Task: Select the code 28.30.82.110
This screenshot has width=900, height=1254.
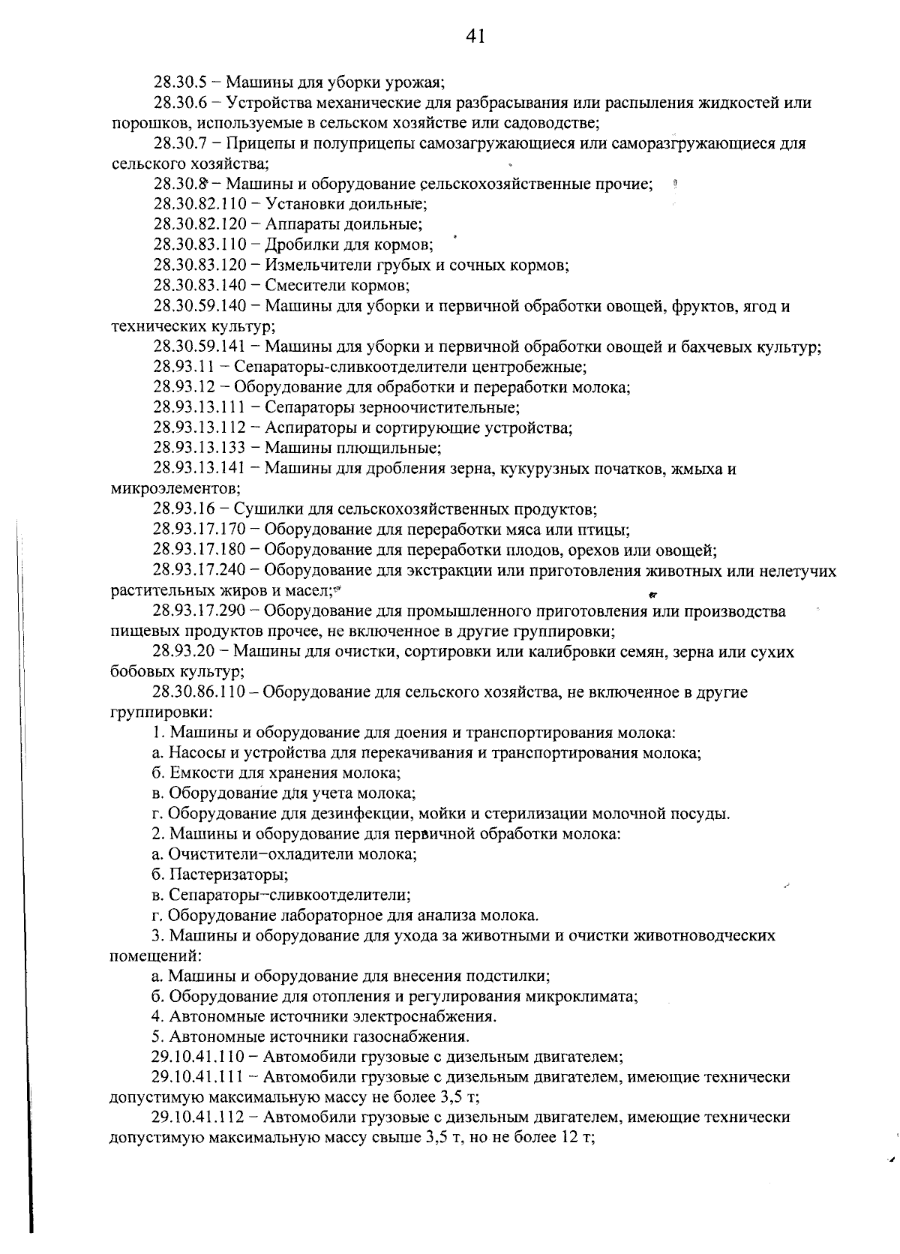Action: click(x=200, y=204)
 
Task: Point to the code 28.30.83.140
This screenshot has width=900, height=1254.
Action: click(x=200, y=285)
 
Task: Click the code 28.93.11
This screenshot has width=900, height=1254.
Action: click(x=184, y=367)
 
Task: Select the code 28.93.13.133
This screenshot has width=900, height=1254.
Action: click(x=199, y=448)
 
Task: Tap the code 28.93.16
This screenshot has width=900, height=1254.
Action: click(x=184, y=510)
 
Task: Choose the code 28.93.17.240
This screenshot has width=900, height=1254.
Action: click(x=199, y=571)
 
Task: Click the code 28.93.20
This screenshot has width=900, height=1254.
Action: click(x=184, y=652)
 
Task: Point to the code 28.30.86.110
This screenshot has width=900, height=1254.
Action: click(x=199, y=692)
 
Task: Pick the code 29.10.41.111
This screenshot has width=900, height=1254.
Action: click(x=199, y=1078)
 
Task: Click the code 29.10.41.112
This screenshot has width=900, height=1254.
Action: click(x=199, y=1117)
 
